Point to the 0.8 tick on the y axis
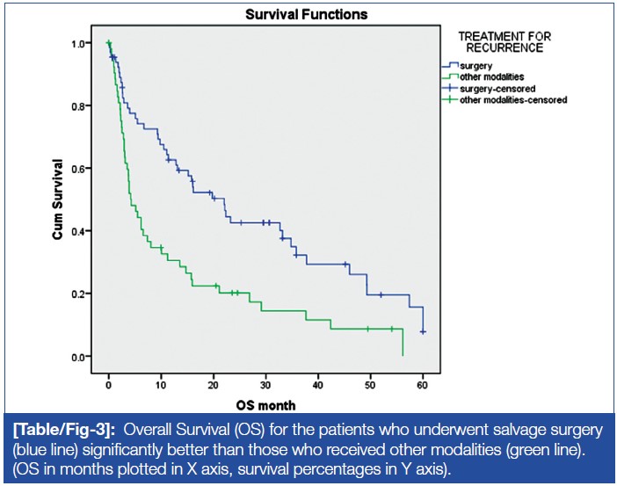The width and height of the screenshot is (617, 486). [84, 105]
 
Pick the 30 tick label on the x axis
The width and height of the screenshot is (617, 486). [265, 385]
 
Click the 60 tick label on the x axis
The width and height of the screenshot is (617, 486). [423, 385]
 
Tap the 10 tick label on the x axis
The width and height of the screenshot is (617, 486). [161, 385]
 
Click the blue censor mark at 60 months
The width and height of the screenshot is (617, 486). [423, 331]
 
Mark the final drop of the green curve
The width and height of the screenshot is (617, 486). [402, 343]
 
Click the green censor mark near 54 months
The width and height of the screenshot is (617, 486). [391, 329]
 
